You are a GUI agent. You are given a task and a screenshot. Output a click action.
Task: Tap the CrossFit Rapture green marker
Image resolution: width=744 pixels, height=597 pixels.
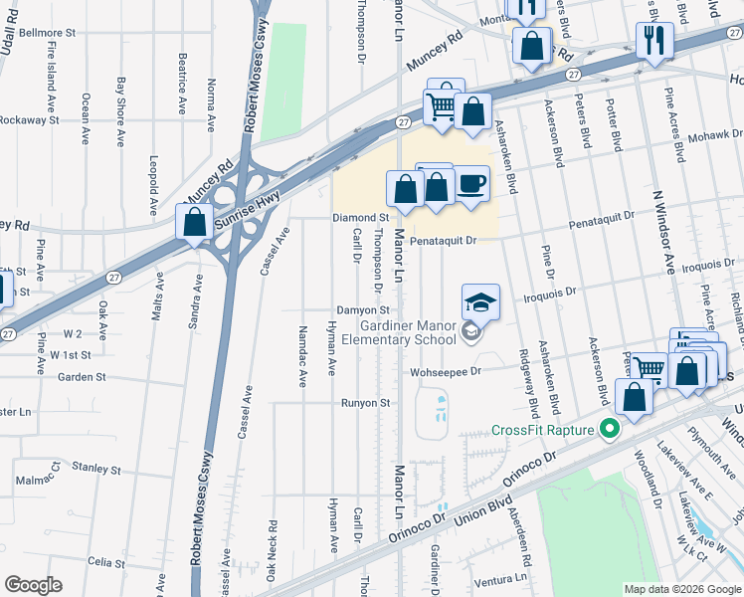click(610, 431)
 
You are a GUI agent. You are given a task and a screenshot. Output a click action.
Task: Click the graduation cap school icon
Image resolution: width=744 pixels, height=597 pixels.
click(479, 300)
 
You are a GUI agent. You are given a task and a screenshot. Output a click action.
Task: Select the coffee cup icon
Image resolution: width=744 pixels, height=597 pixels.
click(471, 184)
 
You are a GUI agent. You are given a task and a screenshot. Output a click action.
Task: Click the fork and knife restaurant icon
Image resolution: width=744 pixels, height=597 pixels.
click(653, 39)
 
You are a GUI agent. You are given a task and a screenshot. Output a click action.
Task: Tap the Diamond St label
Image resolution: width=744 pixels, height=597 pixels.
click(360, 217)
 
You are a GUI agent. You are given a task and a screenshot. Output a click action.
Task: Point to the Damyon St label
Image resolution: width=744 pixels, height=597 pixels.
click(361, 310)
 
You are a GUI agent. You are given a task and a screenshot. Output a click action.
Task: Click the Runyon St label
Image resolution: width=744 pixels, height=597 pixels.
click(365, 403)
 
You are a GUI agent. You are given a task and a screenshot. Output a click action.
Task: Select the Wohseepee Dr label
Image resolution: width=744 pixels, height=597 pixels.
click(446, 371)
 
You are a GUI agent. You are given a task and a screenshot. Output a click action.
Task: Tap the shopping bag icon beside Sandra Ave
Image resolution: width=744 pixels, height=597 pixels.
click(195, 222)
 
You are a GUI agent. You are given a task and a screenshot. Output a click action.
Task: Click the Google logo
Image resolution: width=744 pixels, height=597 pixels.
click(33, 584)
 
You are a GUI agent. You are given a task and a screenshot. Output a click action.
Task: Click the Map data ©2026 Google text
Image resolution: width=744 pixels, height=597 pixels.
click(682, 589)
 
